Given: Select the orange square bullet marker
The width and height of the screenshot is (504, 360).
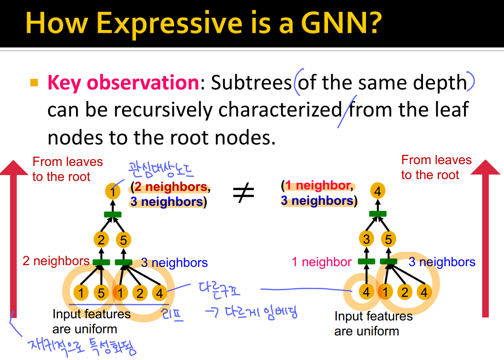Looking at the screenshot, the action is point(34,83).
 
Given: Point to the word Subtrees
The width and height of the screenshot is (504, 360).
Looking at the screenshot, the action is point(251,82).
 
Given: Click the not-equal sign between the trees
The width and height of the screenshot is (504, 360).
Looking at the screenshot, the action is point(243,193).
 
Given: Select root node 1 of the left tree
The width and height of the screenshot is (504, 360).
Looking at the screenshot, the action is point(112,192).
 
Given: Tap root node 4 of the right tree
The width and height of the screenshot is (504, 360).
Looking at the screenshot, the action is point(378,191).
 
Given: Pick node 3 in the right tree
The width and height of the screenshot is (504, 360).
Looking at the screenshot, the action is point(366,239).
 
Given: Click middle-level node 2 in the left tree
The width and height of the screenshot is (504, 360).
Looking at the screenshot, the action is point(101,240).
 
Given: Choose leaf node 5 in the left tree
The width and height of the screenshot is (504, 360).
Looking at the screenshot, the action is point(101,293).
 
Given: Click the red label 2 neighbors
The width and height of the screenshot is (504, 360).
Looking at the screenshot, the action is point(56,261).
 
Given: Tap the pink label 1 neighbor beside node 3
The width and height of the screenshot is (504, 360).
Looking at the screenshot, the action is point(321,262).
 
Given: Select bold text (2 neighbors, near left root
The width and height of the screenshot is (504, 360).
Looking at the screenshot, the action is point(171,187).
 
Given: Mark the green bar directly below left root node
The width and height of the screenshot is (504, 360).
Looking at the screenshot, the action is point(113,214).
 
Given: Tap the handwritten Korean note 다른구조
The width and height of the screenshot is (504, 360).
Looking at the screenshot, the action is point(219,289).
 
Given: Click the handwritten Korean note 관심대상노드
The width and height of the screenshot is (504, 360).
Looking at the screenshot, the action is point(161,169).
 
